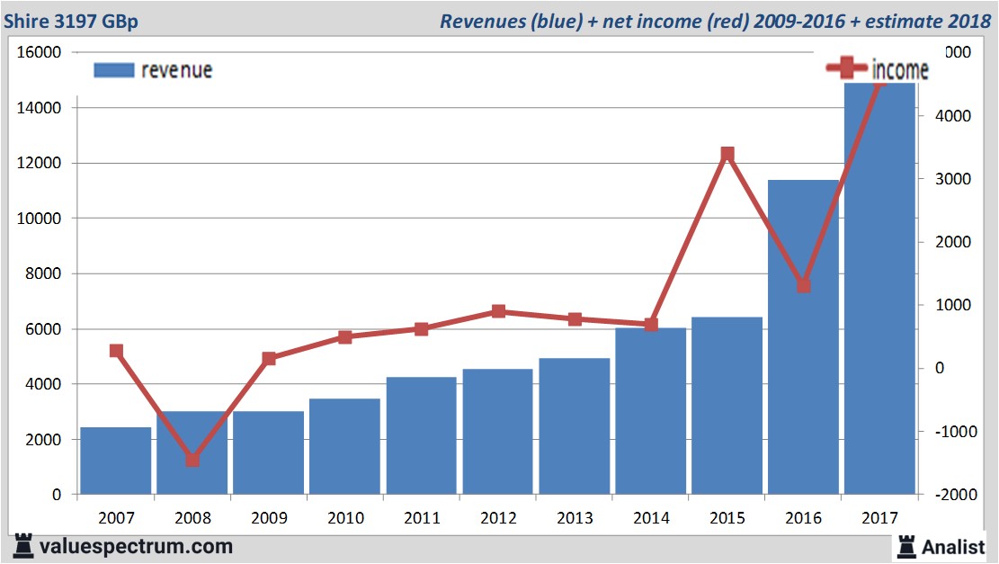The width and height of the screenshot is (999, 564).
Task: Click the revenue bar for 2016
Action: click(x=803, y=337)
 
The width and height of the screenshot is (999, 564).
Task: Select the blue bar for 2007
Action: click(x=116, y=461)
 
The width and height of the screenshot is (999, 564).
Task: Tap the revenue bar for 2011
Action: click(x=422, y=435)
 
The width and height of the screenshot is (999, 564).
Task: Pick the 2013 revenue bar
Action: click(x=575, y=426)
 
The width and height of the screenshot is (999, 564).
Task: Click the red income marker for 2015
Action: click(x=727, y=155)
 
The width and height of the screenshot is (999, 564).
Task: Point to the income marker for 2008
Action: click(x=192, y=460)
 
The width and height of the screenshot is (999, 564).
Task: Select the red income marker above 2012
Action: click(x=498, y=311)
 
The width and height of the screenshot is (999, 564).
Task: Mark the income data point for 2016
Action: click(x=804, y=285)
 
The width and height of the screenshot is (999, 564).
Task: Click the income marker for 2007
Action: click(x=116, y=351)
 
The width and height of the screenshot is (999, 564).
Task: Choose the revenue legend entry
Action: click(x=153, y=70)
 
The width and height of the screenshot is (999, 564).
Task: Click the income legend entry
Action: click(x=878, y=69)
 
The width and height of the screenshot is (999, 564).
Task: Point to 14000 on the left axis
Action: click(x=40, y=108)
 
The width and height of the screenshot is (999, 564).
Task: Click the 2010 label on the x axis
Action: click(x=345, y=519)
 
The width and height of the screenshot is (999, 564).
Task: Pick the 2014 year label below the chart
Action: click(x=651, y=519)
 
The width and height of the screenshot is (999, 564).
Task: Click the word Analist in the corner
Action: click(x=952, y=546)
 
